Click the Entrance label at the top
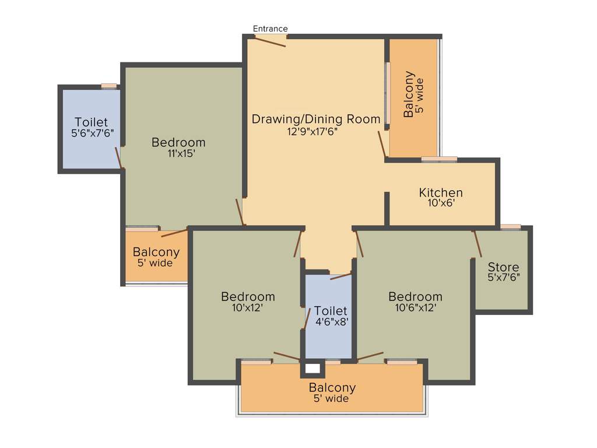(x=270, y=29)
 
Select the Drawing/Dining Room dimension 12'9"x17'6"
(x=311, y=131)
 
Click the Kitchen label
(x=441, y=192)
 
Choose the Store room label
(x=503, y=267)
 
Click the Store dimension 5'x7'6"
(x=504, y=278)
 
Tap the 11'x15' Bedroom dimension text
(x=181, y=154)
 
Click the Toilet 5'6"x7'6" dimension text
(x=92, y=133)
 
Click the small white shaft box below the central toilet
(x=312, y=369)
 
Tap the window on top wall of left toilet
(x=109, y=86)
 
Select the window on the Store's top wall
(x=511, y=227)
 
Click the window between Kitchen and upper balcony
(x=439, y=159)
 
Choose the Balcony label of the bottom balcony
(x=332, y=388)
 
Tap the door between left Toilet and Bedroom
(x=119, y=157)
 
